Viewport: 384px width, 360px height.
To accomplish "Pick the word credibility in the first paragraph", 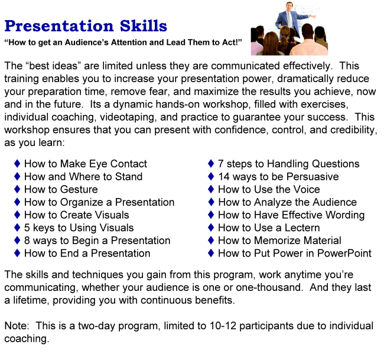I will (346, 130).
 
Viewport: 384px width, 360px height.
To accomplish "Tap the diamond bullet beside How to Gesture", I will (18, 190).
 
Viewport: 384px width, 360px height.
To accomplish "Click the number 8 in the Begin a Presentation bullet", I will (27, 241).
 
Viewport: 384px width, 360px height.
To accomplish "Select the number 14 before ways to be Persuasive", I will (224, 177).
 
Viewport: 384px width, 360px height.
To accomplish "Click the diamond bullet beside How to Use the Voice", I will (211, 190).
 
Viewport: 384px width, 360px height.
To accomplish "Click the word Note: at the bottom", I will (17, 326).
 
